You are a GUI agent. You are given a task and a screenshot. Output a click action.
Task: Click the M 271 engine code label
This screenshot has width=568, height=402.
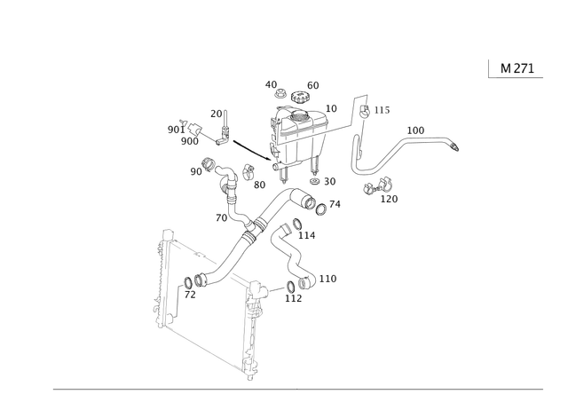click(517, 68)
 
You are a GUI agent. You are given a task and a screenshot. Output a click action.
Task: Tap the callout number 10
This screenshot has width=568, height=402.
click(331, 108)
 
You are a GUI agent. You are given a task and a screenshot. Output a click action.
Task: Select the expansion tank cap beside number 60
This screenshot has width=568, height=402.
click(299, 97)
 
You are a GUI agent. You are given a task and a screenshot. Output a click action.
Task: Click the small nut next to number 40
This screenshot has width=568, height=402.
click(280, 93)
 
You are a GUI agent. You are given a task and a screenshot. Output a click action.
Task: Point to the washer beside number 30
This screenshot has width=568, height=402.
click(315, 181)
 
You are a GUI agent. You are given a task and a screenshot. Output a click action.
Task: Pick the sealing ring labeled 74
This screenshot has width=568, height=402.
click(321, 209)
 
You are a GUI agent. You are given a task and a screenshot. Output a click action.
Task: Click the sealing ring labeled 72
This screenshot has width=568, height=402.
click(189, 282)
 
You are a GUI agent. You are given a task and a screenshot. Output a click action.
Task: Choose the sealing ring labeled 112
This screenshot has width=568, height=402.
click(291, 287)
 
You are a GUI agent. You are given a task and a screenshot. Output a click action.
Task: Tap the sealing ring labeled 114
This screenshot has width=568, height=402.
click(296, 225)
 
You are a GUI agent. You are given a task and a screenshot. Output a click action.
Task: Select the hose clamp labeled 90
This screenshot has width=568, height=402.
click(208, 164)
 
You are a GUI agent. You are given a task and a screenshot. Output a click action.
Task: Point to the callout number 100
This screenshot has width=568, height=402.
click(415, 130)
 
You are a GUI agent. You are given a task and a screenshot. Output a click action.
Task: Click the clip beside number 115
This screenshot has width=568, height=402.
click(365, 111)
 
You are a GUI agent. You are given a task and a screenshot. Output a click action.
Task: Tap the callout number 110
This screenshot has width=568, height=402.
click(327, 279)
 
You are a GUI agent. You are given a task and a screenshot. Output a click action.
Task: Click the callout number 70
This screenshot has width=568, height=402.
click(221, 217)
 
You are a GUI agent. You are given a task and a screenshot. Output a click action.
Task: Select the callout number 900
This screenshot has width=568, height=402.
click(190, 141)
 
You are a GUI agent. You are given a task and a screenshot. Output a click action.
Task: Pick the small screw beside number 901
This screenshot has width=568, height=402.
click(182, 122)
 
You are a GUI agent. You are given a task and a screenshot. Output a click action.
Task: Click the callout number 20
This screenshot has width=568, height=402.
click(217, 114)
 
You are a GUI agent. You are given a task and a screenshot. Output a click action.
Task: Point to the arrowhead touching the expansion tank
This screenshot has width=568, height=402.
click(268, 158)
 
